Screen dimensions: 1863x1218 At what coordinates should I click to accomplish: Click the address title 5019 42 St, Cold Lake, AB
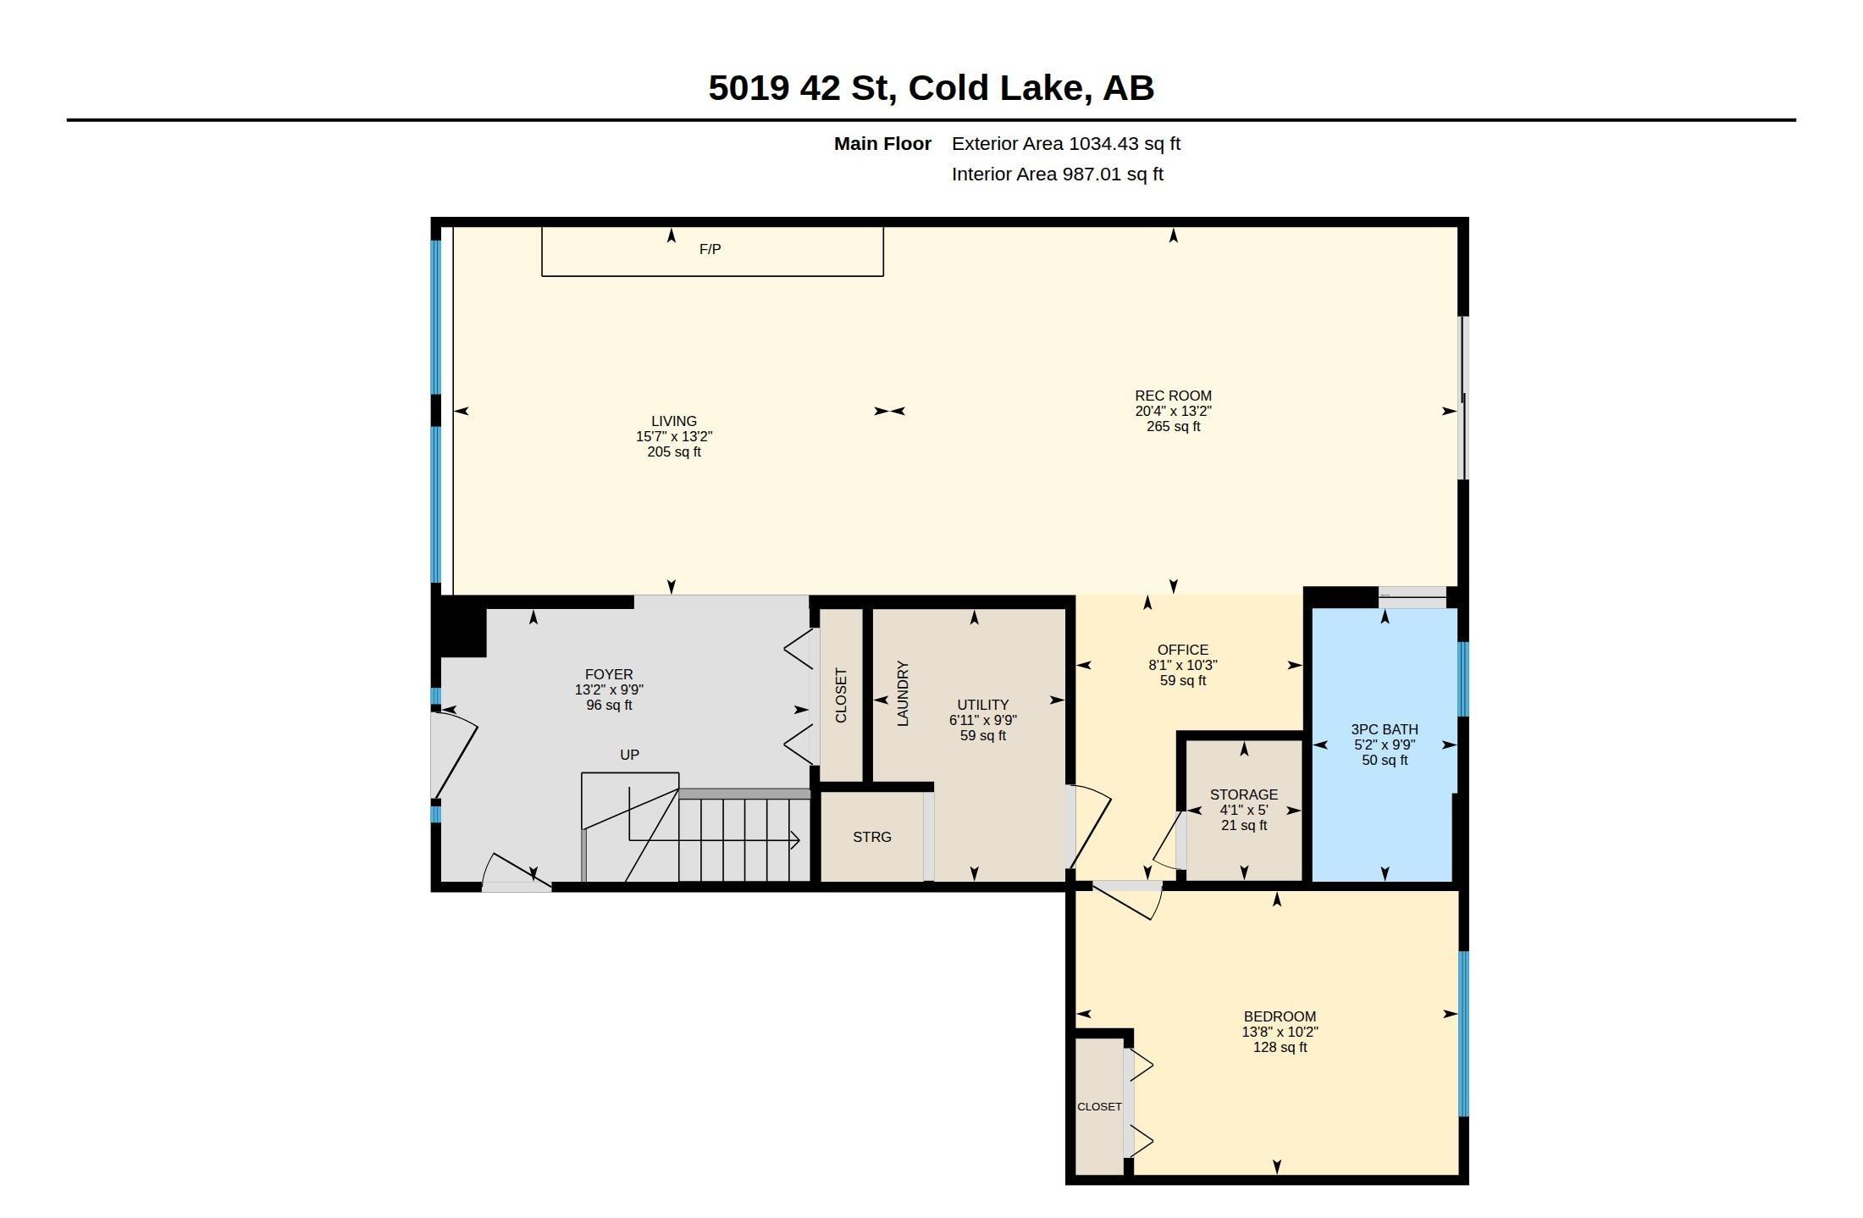(931, 88)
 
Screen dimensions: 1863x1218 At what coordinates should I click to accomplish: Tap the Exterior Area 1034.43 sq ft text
(1065, 144)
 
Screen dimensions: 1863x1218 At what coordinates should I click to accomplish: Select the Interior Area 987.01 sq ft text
(1057, 174)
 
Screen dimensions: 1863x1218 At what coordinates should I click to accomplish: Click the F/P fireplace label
(710, 249)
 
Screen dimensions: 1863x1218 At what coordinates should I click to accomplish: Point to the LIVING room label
(674, 421)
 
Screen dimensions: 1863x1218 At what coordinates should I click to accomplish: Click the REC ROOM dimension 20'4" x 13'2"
(1173, 411)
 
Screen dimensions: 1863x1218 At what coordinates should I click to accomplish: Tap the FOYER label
(609, 675)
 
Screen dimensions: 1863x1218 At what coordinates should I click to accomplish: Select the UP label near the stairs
(629, 755)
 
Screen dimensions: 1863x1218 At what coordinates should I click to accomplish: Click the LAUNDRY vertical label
(903, 694)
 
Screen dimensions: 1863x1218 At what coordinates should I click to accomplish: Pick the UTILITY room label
(982, 705)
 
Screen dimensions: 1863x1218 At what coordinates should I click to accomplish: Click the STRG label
(872, 837)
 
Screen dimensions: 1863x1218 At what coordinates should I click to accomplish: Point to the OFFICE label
(1183, 650)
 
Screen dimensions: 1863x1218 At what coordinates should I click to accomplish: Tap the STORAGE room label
(1244, 794)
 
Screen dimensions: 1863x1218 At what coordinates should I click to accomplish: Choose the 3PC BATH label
(1385, 729)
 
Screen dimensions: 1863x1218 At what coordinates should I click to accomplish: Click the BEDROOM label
(1280, 1016)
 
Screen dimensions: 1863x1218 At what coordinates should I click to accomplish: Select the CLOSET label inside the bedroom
(1099, 1107)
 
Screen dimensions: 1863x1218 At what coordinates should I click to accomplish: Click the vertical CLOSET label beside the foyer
(841, 695)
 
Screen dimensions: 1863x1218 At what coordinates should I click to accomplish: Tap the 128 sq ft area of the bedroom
(1280, 1047)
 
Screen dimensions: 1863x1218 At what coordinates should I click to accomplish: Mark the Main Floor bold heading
(882, 144)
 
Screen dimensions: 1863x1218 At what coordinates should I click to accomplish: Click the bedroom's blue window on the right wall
(1463, 1033)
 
